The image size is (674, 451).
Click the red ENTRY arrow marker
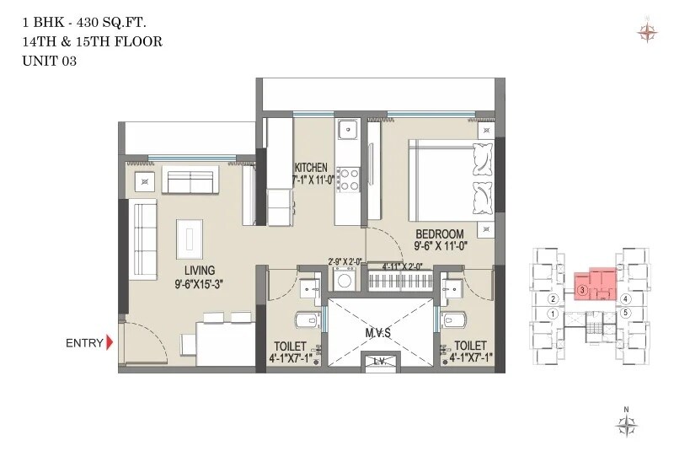coord(109,343)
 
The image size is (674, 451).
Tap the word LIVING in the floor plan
coord(195,270)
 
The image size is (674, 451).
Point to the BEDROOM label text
coord(440,234)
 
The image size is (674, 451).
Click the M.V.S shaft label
coord(377,332)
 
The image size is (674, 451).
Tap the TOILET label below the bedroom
coord(470,346)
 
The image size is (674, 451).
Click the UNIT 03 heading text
coord(50,61)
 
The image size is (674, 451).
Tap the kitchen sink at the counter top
coord(348,132)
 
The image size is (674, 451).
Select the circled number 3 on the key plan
coord(582,290)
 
